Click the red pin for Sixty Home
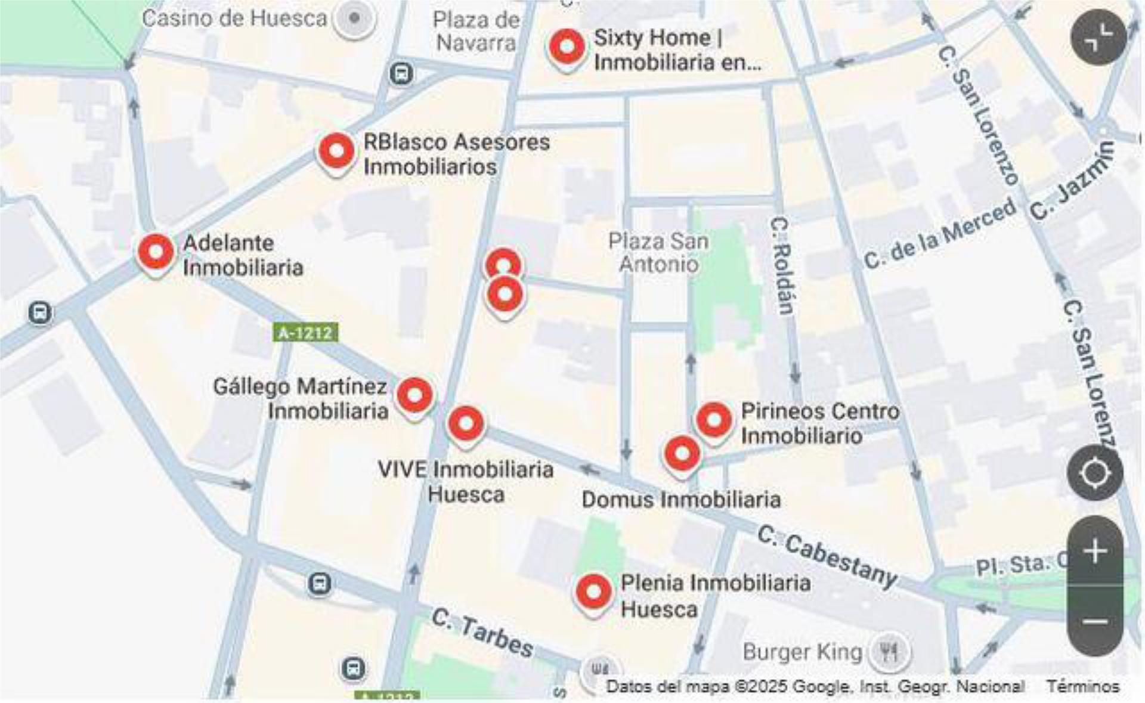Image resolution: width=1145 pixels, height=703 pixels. (x=567, y=47)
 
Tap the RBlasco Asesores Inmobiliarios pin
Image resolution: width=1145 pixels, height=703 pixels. (x=336, y=151)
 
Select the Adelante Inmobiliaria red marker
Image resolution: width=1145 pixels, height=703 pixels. (x=156, y=252)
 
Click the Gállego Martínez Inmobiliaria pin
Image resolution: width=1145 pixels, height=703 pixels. (x=414, y=395)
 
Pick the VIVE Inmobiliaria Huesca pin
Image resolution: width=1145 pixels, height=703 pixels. (x=466, y=425)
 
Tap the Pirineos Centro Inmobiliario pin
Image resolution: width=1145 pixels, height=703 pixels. (x=714, y=420)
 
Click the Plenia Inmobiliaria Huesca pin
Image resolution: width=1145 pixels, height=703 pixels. (x=593, y=592)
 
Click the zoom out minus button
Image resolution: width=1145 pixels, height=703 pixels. (x=1095, y=622)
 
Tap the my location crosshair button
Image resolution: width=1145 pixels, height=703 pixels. (x=1095, y=473)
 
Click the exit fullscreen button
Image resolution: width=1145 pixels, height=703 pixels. (x=1098, y=37)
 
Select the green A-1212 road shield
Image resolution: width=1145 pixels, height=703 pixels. (x=305, y=333)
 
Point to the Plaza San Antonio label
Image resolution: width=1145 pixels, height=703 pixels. (x=658, y=252)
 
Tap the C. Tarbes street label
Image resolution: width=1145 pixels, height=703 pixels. (x=482, y=633)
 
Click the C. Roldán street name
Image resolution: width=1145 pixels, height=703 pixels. (x=782, y=266)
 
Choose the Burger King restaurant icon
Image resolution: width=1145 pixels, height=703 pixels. (x=889, y=652)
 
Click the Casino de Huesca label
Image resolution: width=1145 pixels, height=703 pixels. (x=234, y=18)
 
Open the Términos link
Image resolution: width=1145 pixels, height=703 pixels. (x=1083, y=687)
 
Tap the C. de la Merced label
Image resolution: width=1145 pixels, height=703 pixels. (x=940, y=234)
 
